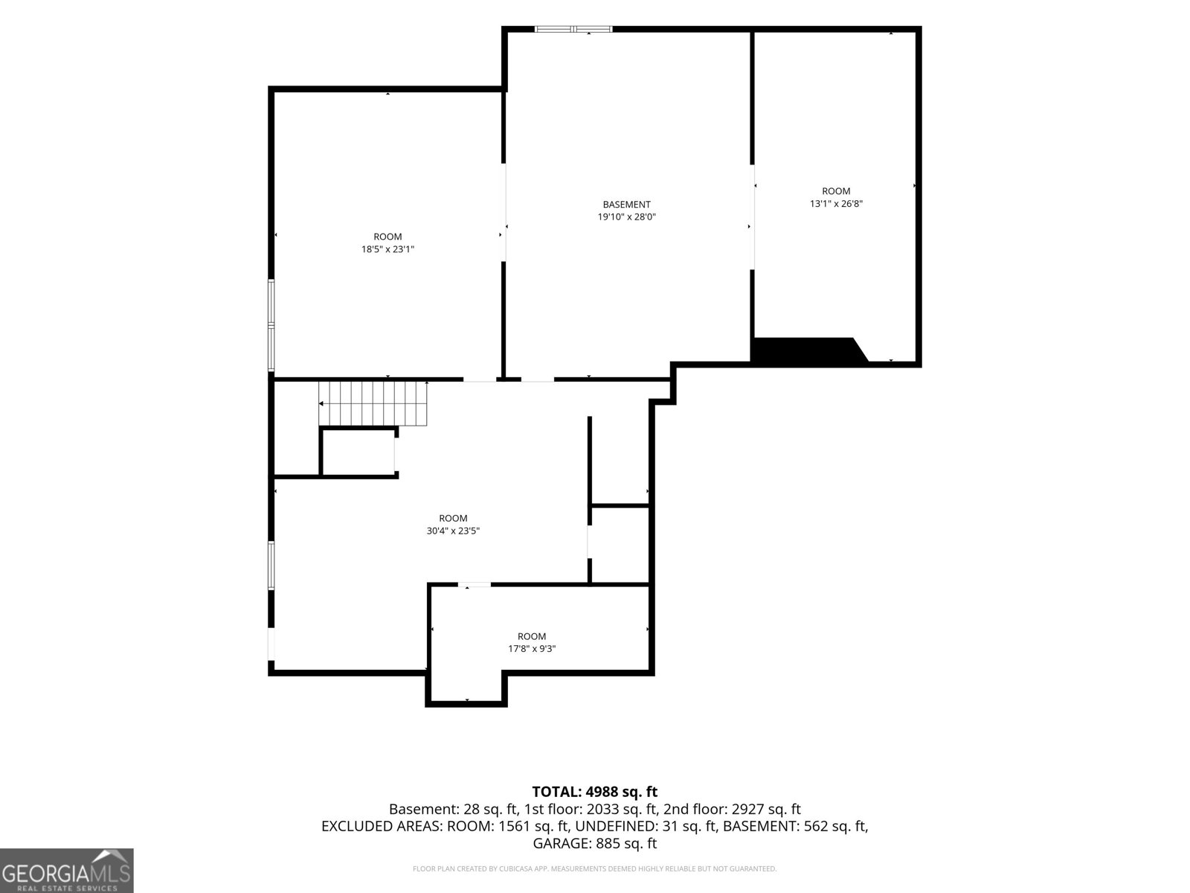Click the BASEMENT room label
[x=626, y=205]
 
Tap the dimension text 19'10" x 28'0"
[x=626, y=217]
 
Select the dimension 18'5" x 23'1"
[x=387, y=249]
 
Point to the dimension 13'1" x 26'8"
[x=836, y=204]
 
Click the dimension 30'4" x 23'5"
[x=453, y=531]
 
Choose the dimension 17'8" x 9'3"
[x=531, y=648]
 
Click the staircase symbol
[x=373, y=403]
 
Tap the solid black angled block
[x=810, y=349]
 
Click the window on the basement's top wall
[x=573, y=29]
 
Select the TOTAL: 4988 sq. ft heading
[x=595, y=792]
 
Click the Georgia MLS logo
[x=67, y=871]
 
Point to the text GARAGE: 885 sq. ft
[x=595, y=843]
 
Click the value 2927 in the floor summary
[x=747, y=809]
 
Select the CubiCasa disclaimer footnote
[x=595, y=868]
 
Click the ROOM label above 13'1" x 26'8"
[x=836, y=191]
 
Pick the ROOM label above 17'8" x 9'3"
[x=531, y=636]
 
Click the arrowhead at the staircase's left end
[x=321, y=403]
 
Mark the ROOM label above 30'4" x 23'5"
[x=453, y=519]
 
